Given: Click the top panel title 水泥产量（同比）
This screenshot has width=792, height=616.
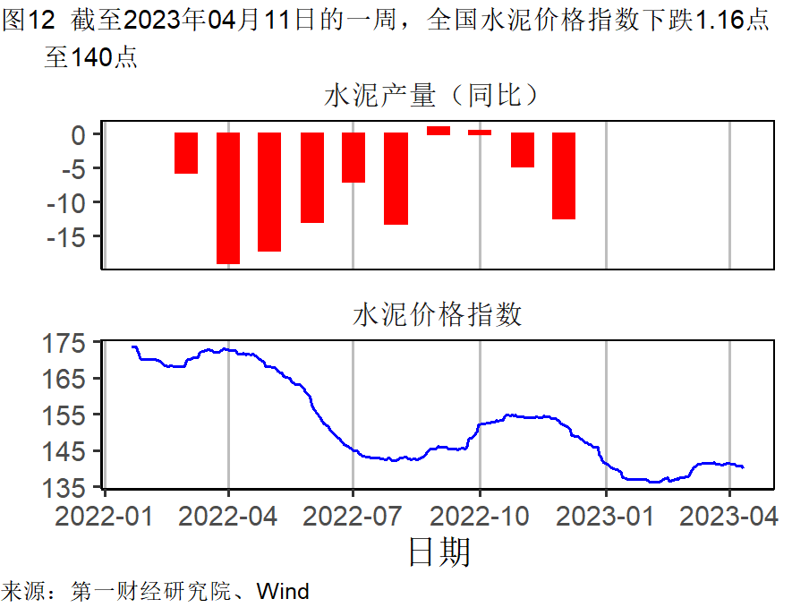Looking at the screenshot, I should (x=436, y=96).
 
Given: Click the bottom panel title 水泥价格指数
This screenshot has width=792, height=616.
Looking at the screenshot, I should (x=436, y=315).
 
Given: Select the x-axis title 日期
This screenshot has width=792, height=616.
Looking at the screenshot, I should (x=439, y=552).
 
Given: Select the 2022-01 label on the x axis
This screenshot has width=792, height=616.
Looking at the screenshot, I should (x=106, y=517).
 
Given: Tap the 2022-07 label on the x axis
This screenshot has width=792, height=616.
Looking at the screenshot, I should (x=353, y=517).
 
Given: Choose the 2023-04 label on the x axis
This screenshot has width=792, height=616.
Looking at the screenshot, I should (x=730, y=517).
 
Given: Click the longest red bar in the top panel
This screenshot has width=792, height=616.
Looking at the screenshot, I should (x=228, y=198).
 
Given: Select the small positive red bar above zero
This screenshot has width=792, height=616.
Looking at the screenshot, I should (x=439, y=131).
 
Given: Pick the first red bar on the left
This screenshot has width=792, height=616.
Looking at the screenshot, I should (x=186, y=153).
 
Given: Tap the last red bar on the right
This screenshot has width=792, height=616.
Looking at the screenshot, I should (x=564, y=175).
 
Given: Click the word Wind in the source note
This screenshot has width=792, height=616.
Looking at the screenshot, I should (x=283, y=592).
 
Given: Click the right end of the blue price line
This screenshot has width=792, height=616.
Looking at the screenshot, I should (x=743, y=466).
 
